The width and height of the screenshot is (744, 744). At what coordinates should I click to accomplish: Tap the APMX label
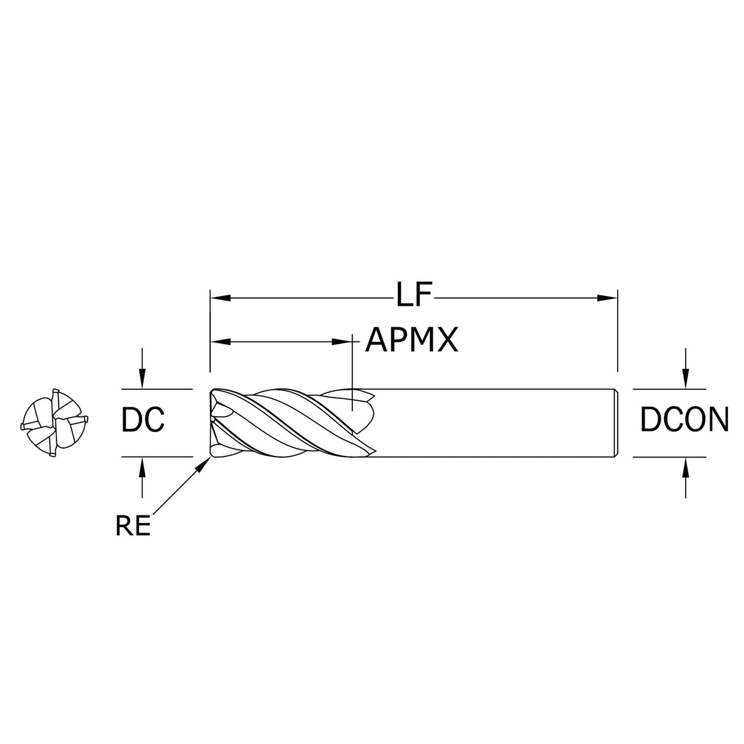(x=411, y=340)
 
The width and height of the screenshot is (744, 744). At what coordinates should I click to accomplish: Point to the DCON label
(x=685, y=419)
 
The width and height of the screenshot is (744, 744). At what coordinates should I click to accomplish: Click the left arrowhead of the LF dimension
(x=221, y=298)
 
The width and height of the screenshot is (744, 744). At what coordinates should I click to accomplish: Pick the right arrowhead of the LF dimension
(x=607, y=298)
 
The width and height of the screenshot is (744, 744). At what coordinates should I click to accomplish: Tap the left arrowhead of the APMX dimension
(x=221, y=342)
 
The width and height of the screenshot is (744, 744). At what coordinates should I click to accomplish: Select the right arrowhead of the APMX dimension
(x=342, y=342)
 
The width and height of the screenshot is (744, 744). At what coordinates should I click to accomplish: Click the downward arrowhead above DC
(x=142, y=378)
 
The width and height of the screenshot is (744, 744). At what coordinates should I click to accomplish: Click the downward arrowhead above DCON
(x=686, y=378)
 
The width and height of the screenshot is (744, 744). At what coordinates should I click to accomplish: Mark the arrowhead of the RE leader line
(x=205, y=464)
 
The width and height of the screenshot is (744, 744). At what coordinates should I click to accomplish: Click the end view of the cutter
(x=54, y=423)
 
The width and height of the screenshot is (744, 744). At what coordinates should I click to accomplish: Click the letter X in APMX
(x=446, y=340)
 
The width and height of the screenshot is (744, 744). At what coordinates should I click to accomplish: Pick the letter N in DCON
(x=718, y=419)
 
